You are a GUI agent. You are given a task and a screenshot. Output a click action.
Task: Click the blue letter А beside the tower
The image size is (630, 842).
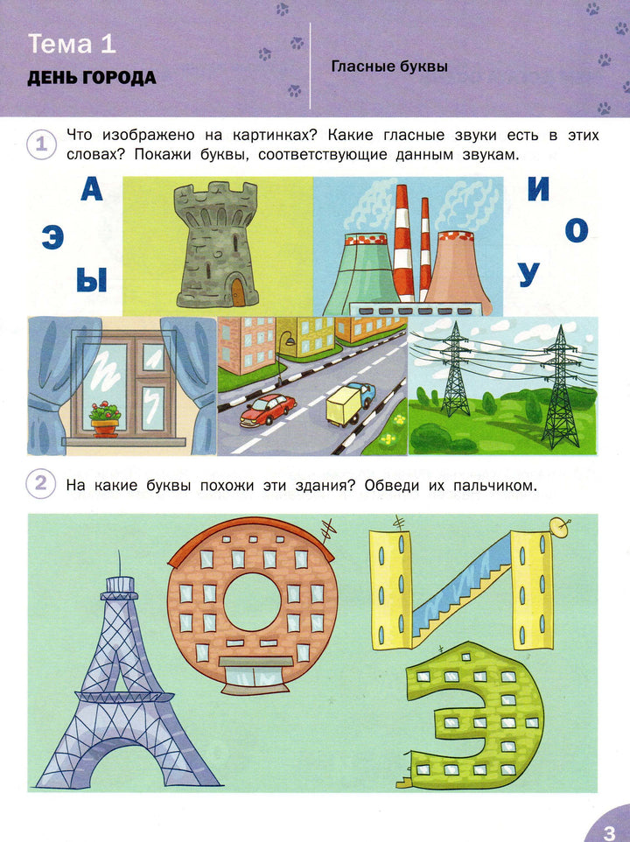(92, 190)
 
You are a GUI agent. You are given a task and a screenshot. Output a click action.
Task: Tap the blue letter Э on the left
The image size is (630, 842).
(52, 238)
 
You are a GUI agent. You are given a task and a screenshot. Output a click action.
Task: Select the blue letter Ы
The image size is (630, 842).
(92, 280)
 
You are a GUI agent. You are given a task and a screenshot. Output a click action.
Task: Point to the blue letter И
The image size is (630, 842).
(538, 189)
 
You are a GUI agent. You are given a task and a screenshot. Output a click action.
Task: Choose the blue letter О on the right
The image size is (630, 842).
(577, 230)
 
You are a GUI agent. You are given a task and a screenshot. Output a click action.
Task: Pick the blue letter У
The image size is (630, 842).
(529, 275)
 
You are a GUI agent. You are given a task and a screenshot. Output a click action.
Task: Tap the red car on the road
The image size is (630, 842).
(268, 410)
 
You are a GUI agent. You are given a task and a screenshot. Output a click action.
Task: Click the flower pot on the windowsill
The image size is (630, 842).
(105, 428)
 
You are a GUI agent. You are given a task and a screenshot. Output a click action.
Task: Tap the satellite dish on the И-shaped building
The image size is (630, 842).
(559, 528)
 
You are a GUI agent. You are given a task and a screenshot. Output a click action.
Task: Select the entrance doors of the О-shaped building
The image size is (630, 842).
(253, 677)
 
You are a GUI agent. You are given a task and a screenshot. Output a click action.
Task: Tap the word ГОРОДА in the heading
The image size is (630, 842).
(119, 79)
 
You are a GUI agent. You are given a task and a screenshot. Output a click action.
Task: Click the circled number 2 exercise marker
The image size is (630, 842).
(41, 484)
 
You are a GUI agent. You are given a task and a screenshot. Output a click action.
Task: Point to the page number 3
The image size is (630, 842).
(609, 831)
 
